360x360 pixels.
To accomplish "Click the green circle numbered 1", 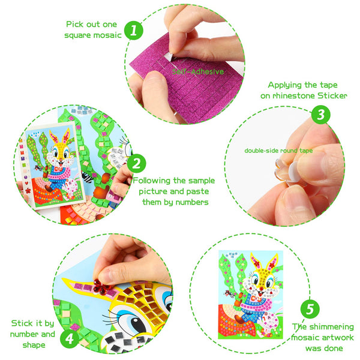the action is point(134,31).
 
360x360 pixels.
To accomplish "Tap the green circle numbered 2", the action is point(136,163).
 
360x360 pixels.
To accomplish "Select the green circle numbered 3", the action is point(321,115).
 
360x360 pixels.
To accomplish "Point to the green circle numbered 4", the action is point(70,338).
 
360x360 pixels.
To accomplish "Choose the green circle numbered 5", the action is point(310,309).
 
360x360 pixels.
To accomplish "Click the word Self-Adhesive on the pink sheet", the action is point(198,71).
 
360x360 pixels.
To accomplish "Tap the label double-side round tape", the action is point(278,151).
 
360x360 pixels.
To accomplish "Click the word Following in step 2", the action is point(152,181).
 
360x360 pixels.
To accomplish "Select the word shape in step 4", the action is point(34,346).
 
